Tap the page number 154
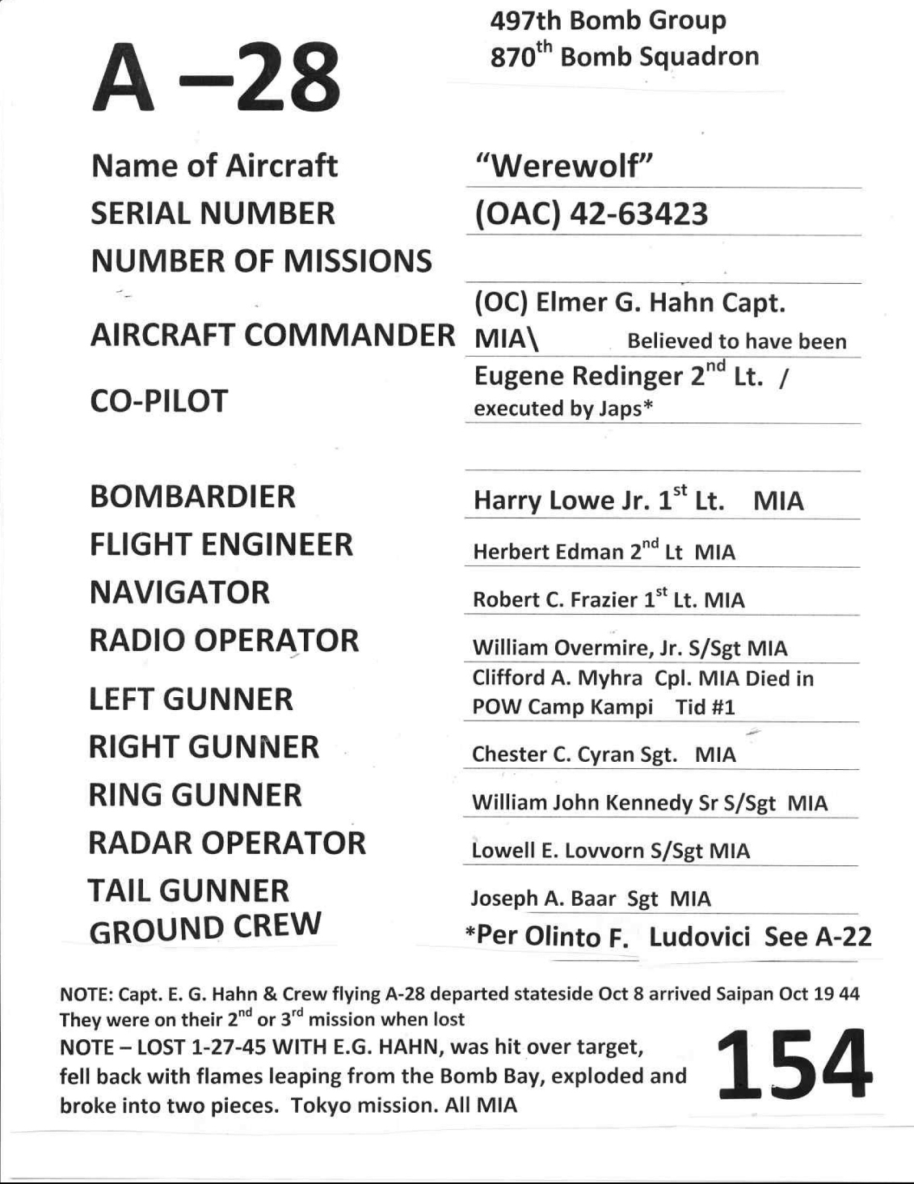[x=794, y=1064]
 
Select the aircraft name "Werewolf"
[x=563, y=167]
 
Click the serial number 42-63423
[x=638, y=214]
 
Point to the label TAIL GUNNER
[x=187, y=891]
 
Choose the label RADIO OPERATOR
[x=224, y=641]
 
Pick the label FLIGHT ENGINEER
[x=221, y=545]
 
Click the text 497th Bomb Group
[x=608, y=20]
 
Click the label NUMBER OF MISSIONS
[x=261, y=261]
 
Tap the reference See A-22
[x=818, y=937]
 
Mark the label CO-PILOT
[x=159, y=401]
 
